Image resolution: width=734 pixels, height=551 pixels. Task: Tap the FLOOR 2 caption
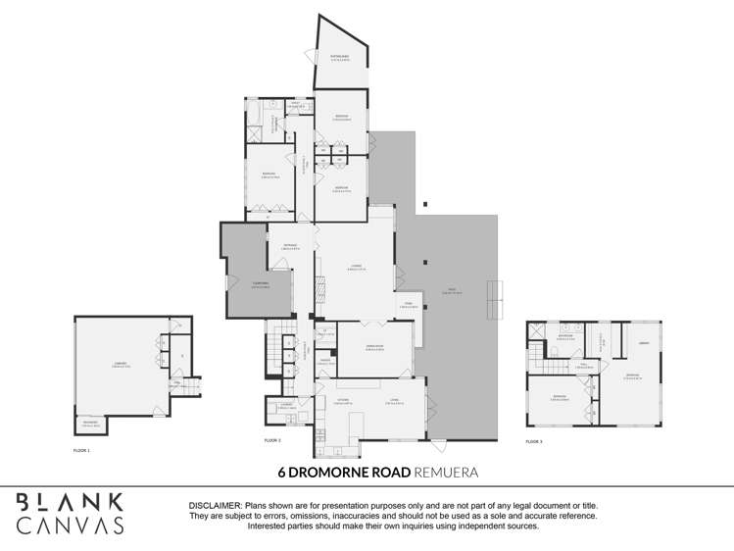tap(272, 441)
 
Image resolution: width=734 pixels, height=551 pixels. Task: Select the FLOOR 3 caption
tap(533, 441)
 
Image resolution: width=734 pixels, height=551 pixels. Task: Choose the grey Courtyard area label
tap(261, 284)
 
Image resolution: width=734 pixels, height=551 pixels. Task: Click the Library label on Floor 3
tap(644, 343)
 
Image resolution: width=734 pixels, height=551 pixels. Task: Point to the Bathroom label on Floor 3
tap(565, 337)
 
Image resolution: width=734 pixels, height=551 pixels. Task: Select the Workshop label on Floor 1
tap(89, 424)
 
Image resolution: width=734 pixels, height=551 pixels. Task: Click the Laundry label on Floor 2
tap(287, 405)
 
